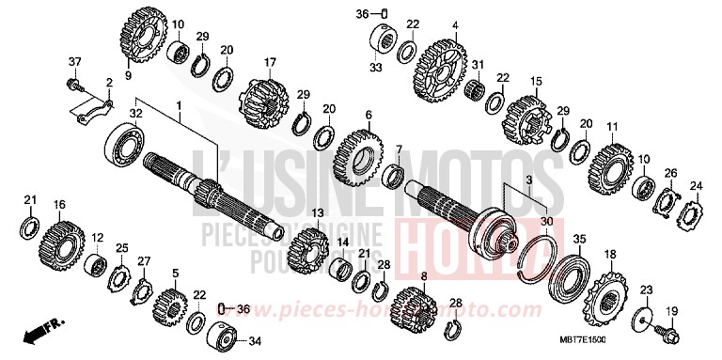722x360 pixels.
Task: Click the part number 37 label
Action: point(72,62)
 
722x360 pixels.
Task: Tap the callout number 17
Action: point(269,63)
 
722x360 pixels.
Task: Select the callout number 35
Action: point(579,239)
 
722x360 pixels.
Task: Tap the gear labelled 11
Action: point(611,163)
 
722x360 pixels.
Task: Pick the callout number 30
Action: point(546,221)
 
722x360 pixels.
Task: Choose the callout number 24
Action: point(698,185)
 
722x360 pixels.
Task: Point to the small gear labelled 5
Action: point(170,306)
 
